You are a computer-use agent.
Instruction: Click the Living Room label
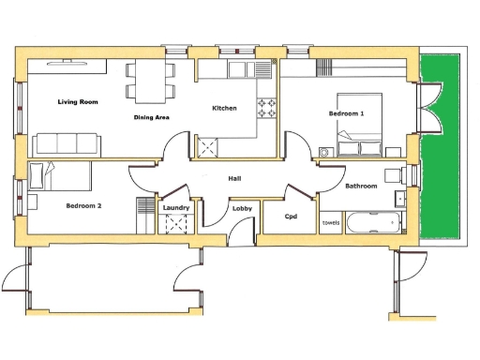78,101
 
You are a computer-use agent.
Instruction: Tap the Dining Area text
151,117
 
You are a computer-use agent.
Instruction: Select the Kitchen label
224,109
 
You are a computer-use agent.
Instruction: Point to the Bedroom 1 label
346,113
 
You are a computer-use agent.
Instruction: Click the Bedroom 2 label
82,204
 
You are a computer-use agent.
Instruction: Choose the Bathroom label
361,187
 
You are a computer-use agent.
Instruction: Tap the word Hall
236,177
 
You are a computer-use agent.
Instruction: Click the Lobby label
242,209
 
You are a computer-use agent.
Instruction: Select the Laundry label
176,208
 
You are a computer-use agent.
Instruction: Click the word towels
331,223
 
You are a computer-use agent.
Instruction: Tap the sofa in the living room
66,143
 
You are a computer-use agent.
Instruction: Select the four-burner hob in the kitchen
267,108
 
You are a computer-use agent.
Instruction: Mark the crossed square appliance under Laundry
176,226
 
